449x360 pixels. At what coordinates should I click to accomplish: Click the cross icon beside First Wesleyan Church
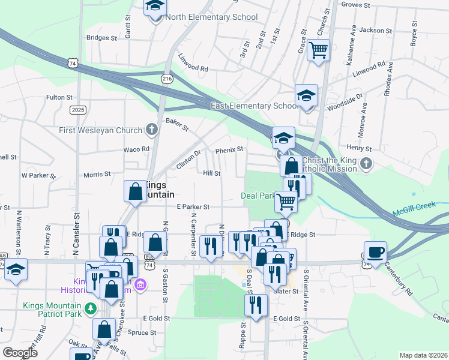pyautogui.click(x=152, y=130)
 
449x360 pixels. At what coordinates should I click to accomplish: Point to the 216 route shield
pyautogui.click(x=167, y=79)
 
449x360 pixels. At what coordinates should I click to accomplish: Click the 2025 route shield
pyautogui.click(x=77, y=109)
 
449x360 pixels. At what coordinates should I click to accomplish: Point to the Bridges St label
pyautogui.click(x=101, y=37)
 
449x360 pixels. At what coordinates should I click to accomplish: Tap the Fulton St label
pyautogui.click(x=59, y=97)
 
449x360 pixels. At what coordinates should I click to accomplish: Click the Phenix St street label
pyautogui.click(x=229, y=149)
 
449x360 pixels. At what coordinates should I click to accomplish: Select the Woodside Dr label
pyautogui.click(x=343, y=101)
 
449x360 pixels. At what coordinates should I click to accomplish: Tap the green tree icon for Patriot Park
pyautogui.click(x=90, y=308)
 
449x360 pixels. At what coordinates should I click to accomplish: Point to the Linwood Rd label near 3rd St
pyautogui.click(x=193, y=64)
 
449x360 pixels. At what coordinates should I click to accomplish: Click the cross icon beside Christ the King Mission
pyautogui.click(x=366, y=163)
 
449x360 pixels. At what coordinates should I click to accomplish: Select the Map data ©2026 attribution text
pyautogui.click(x=424, y=355)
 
